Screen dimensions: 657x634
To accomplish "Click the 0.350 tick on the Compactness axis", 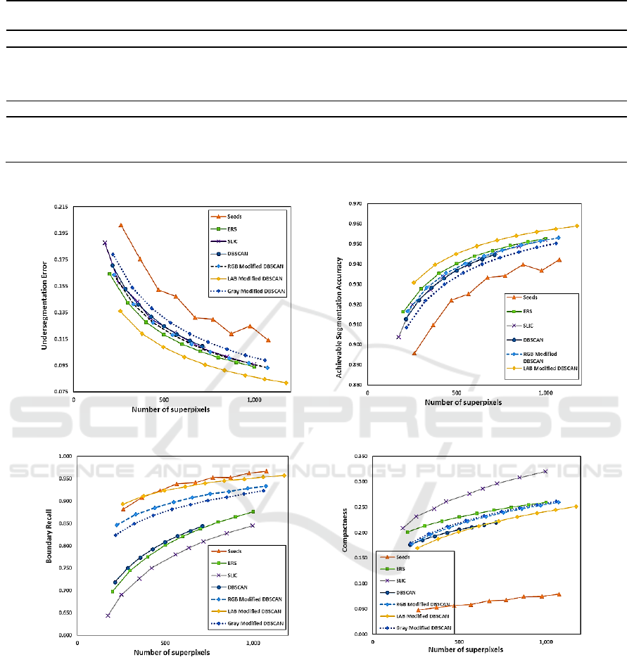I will [360, 457].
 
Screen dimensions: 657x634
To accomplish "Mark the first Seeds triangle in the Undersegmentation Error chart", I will [121, 226].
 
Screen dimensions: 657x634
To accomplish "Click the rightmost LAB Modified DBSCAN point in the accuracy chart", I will [577, 226].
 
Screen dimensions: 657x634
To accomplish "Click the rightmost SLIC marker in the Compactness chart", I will [545, 471].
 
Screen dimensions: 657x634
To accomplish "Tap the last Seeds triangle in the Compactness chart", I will [559, 594].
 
